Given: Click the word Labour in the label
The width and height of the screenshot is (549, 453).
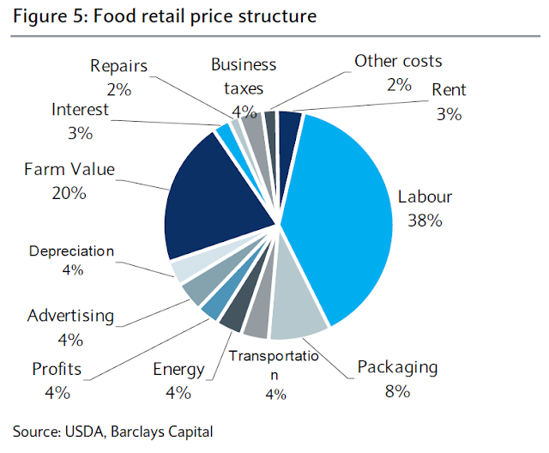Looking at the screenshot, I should click(425, 197).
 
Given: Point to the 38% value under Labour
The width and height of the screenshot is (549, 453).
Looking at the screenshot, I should click(425, 220).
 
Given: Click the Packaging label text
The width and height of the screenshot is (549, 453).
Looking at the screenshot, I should click(397, 368).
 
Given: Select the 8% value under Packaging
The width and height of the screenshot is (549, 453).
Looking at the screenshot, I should click(397, 391).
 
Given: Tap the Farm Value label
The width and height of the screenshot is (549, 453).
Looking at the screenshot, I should click(69, 169).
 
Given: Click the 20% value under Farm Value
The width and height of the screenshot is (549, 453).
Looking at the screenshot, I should click(69, 193).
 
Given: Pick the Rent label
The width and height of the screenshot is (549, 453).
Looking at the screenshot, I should click(449, 89).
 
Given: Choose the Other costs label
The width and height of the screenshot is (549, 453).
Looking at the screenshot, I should click(398, 61).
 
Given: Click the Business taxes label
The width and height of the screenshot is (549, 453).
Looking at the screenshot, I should click(244, 75).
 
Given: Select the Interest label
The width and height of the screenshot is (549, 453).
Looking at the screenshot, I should click(80, 109).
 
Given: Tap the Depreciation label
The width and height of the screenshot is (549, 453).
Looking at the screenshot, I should click(71, 251).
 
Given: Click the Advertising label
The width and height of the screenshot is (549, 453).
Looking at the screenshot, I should click(69, 316).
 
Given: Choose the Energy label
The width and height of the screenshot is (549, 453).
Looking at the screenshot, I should click(178, 370).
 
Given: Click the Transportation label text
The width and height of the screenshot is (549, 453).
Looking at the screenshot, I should click(273, 357).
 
